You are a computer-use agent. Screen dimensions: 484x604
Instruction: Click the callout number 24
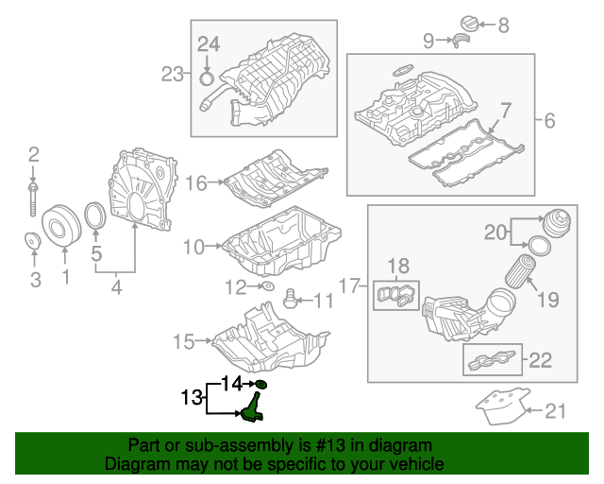[x=209, y=43]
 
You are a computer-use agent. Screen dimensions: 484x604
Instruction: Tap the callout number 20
[x=495, y=232]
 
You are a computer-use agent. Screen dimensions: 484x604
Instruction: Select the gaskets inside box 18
[x=395, y=295]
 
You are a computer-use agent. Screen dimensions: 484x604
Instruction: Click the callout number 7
[x=505, y=111]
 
